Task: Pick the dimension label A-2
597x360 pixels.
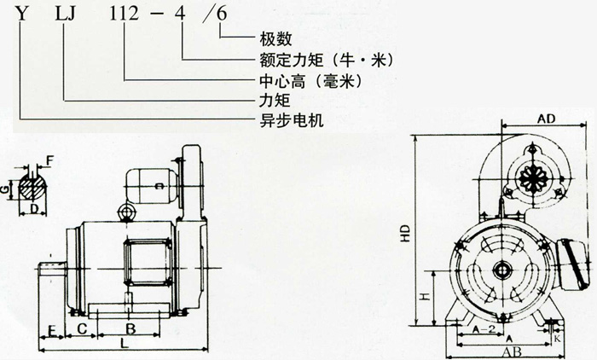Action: [484, 327]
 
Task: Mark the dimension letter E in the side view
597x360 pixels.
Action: [52, 328]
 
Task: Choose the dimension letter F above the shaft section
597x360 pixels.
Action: [49, 159]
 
